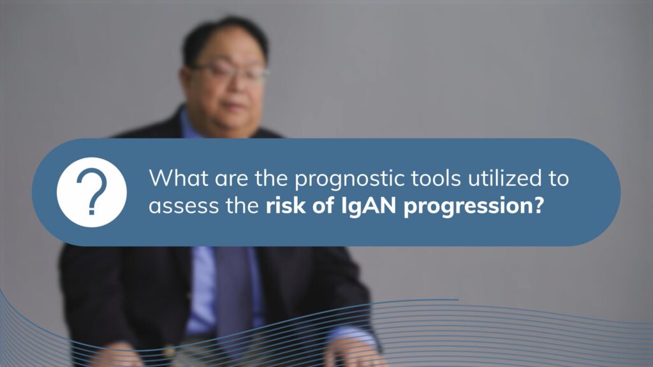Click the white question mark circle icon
tap(91, 192)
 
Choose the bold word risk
tap(281, 207)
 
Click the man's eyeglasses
tap(230, 72)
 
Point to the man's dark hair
tap(223, 35)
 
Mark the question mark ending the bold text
tap(538, 208)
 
